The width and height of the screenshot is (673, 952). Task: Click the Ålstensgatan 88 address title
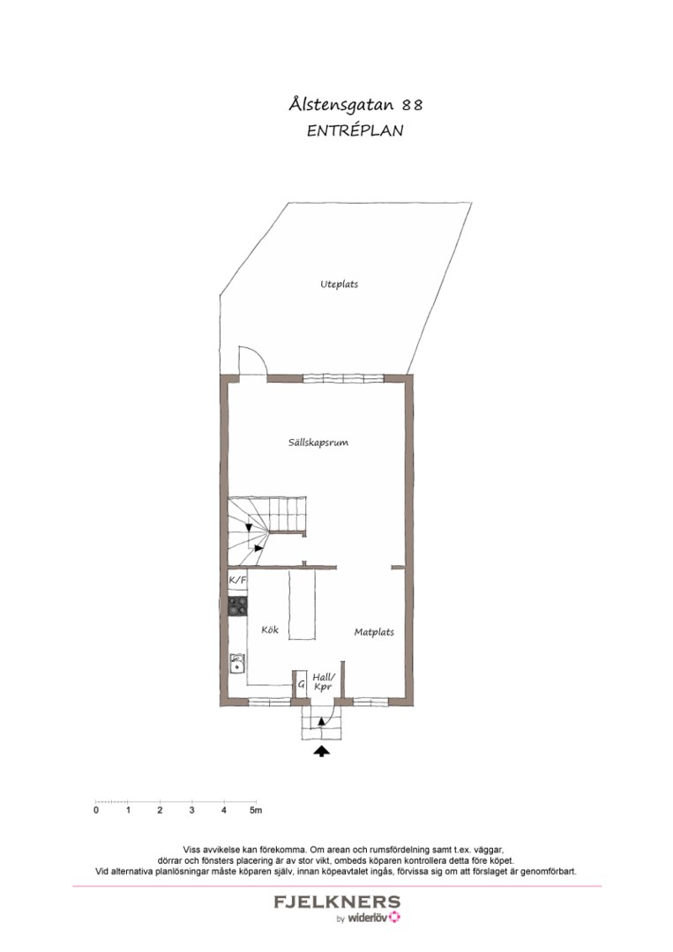click(355, 104)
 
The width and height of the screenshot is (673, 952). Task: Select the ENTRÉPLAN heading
click(355, 130)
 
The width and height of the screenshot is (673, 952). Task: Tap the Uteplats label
click(339, 284)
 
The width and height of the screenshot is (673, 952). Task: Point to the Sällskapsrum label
click(318, 443)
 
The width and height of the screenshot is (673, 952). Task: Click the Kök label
click(270, 629)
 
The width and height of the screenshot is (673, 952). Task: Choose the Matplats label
click(374, 632)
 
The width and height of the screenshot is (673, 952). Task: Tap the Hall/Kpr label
click(323, 681)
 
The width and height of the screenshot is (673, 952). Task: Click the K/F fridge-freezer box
click(237, 580)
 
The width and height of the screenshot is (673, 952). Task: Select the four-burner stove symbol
click(237, 605)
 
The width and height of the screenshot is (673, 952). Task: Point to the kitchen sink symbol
click(237, 664)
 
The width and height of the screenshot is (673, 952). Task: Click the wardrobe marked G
click(300, 684)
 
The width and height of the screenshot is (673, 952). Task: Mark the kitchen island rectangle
click(303, 605)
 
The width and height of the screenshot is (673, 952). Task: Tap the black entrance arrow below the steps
click(321, 752)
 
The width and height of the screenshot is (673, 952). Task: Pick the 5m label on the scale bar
click(256, 810)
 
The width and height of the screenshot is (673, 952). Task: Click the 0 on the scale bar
click(96, 810)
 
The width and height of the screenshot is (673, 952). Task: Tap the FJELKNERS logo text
click(337, 902)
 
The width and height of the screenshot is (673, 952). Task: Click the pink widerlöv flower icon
click(395, 917)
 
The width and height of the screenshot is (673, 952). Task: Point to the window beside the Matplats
click(370, 702)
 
